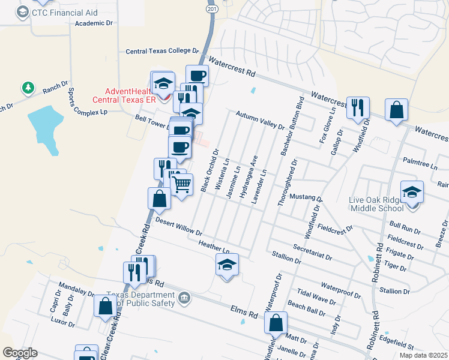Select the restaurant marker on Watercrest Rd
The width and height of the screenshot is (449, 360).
click(x=358, y=107)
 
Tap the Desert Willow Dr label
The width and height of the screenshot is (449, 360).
click(x=178, y=226)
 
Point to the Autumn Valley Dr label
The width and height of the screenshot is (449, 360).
click(x=260, y=119)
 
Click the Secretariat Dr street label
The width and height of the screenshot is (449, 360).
click(x=312, y=252)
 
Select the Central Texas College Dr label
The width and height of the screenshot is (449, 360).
click(x=162, y=52)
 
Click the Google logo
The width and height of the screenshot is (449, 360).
click(x=20, y=353)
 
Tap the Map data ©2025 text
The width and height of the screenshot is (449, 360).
click(x=423, y=355)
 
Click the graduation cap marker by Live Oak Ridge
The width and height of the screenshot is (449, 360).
click(x=412, y=192)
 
